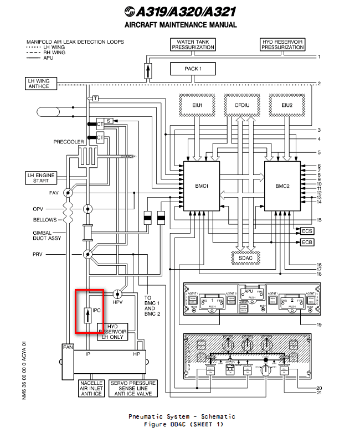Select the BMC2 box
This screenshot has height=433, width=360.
pos(282,186)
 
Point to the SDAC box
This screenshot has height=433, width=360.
pos(241,257)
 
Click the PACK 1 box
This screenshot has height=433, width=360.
pos(192,69)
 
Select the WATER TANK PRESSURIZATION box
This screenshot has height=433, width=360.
pos(193,45)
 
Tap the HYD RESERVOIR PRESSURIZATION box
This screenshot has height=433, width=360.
pos(282,45)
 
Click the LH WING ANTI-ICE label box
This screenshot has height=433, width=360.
pos(39,84)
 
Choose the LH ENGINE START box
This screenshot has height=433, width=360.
pos(42,178)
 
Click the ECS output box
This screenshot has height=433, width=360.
pos(307,230)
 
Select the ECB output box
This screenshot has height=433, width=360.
pos(307,242)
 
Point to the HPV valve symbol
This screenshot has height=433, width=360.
pos(118,293)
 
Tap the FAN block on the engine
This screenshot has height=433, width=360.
pos(68,347)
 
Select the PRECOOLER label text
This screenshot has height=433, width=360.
pos(69,142)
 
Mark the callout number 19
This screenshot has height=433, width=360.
pos(319,324)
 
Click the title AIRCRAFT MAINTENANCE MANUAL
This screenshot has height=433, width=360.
pos(181,25)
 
